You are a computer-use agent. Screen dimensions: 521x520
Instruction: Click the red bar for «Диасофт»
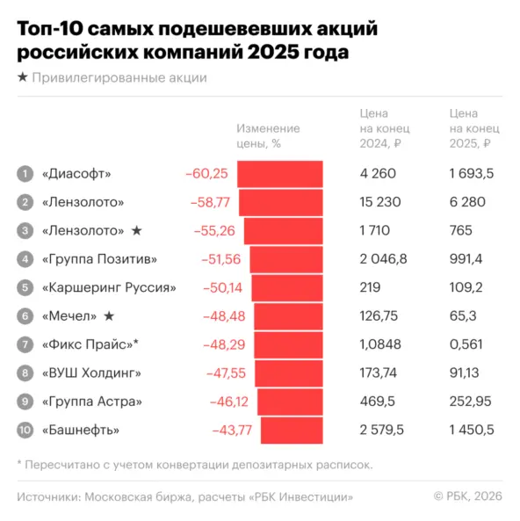[279, 173]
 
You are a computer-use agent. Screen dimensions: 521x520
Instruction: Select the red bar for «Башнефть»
[292, 430]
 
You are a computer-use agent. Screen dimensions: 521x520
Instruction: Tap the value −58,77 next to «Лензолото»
[210, 202]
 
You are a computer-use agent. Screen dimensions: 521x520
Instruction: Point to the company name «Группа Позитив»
[100, 259]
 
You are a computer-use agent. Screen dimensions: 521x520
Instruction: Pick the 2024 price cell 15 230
[380, 202]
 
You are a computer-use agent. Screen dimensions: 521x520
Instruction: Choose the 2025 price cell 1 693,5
[471, 173]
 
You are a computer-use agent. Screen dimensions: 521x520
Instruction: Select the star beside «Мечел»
[109, 316]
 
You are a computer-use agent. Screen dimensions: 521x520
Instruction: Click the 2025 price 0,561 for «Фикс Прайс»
[466, 344]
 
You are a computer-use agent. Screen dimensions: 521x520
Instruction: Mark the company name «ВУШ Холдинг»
[91, 373]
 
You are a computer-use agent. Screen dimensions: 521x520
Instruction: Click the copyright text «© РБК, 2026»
[467, 497]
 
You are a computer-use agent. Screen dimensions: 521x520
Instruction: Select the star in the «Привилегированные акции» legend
[22, 78]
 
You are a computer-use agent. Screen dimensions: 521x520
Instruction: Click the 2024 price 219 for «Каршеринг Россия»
[371, 287]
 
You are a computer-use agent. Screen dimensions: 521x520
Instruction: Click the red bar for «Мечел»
[288, 316]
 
